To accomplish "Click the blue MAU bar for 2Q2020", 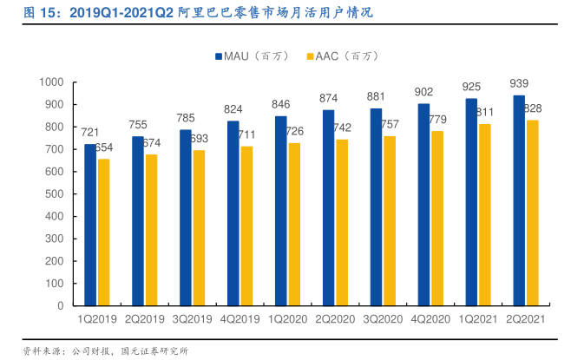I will pyautogui.click(x=328, y=208).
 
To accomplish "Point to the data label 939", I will pyautogui.click(x=519, y=84).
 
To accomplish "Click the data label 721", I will pyautogui.click(x=90, y=133).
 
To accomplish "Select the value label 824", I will pyautogui.click(x=233, y=110).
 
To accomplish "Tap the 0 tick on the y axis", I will pyautogui.click(x=62, y=306).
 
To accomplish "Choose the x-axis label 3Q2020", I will pyautogui.click(x=383, y=319).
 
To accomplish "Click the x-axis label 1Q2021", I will pyautogui.click(x=477, y=319).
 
